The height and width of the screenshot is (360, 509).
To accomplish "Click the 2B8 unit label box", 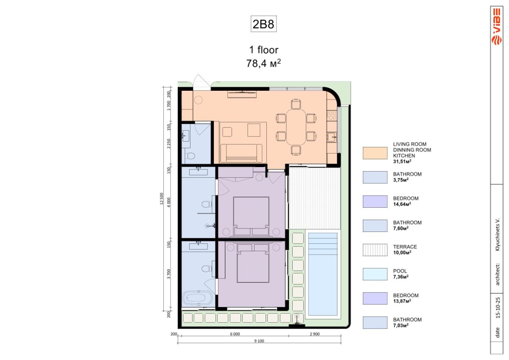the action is pyautogui.click(x=263, y=24).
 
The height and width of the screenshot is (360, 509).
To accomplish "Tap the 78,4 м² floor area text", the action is pyautogui.click(x=263, y=63).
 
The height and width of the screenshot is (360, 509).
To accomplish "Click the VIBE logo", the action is pyautogui.click(x=497, y=26).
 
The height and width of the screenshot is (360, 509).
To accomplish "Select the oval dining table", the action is pyautogui.click(x=296, y=127).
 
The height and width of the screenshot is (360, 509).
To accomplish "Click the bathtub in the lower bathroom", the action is pyautogui.click(x=197, y=298).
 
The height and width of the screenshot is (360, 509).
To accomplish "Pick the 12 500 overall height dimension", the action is pyautogui.click(x=162, y=198).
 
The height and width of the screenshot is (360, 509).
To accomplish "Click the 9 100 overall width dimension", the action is pyautogui.click(x=259, y=340).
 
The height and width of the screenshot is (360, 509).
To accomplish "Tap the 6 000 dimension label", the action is pyautogui.click(x=235, y=334).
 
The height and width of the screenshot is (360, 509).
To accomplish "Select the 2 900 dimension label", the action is pyautogui.click(x=315, y=334).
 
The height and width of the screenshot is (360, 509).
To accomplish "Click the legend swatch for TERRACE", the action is pyautogui.click(x=375, y=250).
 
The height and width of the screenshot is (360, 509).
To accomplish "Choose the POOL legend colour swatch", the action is pyautogui.click(x=375, y=274).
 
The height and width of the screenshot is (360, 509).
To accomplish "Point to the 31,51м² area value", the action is pyautogui.click(x=402, y=162).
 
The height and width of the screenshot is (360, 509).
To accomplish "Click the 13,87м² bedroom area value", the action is pyautogui.click(x=402, y=301).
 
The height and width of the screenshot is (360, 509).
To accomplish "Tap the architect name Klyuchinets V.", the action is pyautogui.click(x=498, y=234).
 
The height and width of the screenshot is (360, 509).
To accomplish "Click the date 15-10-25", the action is pyautogui.click(x=498, y=308).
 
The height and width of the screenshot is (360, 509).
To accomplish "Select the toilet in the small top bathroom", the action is pyautogui.click(x=190, y=156).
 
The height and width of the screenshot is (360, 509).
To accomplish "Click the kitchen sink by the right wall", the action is pyautogui.click(x=332, y=137).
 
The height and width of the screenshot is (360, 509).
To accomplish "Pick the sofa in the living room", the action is pyautogui.click(x=241, y=153).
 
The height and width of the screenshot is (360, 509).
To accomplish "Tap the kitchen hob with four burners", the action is pyautogui.click(x=332, y=115).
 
